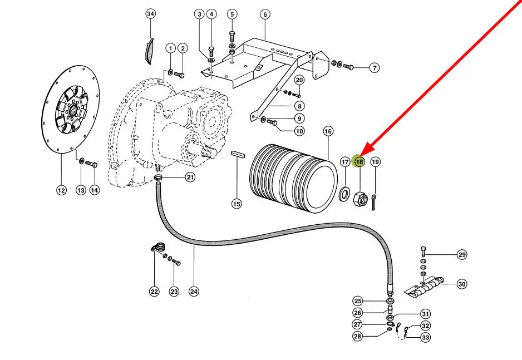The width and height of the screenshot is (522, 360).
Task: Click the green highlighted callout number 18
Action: click(359, 162)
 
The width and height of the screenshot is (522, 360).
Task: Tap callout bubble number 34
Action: click(150, 14)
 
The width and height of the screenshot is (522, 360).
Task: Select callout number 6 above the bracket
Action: click(264, 14)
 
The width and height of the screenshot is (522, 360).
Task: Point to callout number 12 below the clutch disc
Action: click(61, 190)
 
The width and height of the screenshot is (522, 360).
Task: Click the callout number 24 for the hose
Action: click(194, 290)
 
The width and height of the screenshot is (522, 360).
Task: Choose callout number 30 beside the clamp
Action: click(461, 284)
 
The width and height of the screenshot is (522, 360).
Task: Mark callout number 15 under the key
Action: click(237, 204)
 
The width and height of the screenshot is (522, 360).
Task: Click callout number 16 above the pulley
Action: click(328, 131)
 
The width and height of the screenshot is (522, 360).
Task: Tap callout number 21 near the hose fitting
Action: click(190, 177)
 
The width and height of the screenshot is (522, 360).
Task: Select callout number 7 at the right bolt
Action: click(375, 68)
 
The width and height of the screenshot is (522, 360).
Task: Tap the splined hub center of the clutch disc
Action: click(70, 109)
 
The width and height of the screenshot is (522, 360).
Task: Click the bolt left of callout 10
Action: click(272, 121)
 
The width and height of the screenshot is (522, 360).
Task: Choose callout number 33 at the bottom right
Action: click(425, 337)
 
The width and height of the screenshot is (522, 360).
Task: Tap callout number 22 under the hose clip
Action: click(154, 290)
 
